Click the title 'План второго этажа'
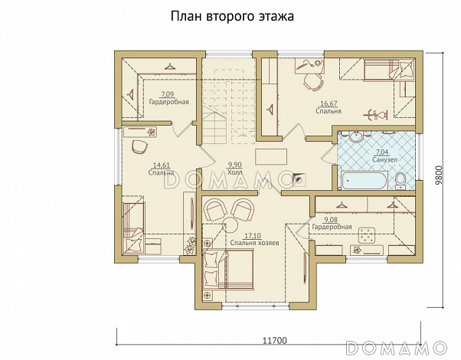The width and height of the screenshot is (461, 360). pos(231,15)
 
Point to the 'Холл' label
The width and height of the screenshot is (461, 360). pos(234,172)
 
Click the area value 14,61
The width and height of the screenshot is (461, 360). pos(162,165)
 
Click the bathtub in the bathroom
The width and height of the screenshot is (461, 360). pos(365,181)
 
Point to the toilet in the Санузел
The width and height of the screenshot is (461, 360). pos(400,180)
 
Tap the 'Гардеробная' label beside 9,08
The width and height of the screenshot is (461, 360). pos(332,227)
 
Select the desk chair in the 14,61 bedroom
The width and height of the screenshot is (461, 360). pos(139,146)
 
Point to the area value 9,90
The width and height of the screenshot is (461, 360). pos(234,165)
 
